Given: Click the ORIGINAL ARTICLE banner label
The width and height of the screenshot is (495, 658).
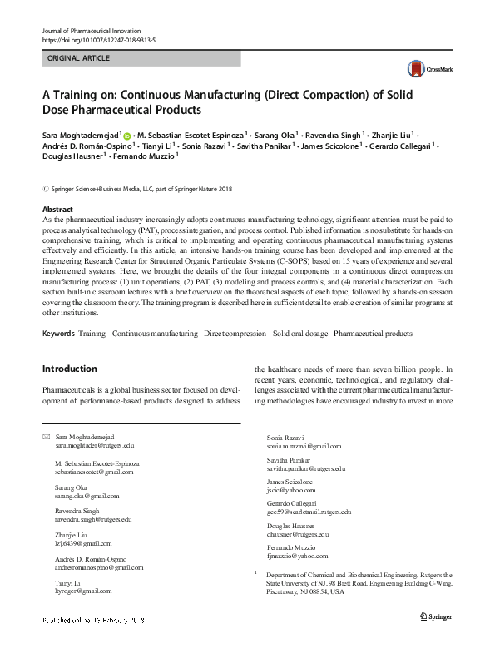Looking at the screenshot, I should point(80,58).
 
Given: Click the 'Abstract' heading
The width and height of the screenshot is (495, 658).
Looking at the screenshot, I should point(57,210).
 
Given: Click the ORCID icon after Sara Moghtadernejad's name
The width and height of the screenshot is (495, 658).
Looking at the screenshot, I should point(127,134).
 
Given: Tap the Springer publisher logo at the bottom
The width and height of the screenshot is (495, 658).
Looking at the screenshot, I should point(436,639).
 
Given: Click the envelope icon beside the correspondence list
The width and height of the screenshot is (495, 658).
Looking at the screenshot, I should point(46,437).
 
